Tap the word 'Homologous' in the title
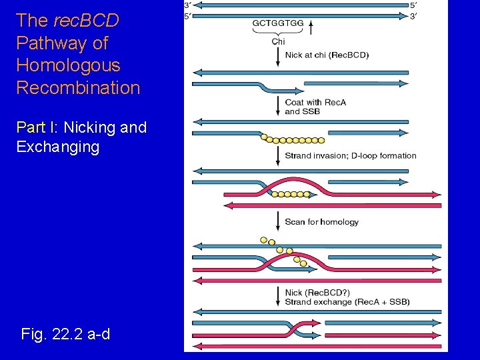coord(68,65)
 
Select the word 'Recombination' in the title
coord(78,88)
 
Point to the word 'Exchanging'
coord(57,147)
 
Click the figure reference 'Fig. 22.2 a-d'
coord(65,333)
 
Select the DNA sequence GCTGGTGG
coord(278,23)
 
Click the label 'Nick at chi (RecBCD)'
coord(327,55)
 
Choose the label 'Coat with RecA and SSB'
coord(315,107)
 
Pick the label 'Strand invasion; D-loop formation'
coord(350,156)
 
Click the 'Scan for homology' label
coord(321,222)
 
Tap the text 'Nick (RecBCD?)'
coord(317,293)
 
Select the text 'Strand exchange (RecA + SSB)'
coord(347,302)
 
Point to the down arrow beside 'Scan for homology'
coord(278,221)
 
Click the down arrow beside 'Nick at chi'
coord(278,55)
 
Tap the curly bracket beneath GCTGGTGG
coord(278,32)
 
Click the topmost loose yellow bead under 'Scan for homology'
coord(264,240)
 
